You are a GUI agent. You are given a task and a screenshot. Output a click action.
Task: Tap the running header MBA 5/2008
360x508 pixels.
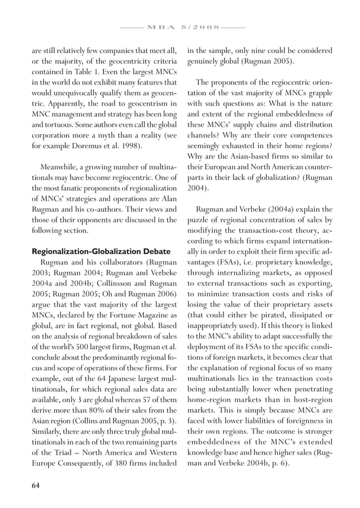tap(180, 26)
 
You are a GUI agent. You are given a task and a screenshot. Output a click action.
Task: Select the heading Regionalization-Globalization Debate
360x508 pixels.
tap(94, 251)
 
